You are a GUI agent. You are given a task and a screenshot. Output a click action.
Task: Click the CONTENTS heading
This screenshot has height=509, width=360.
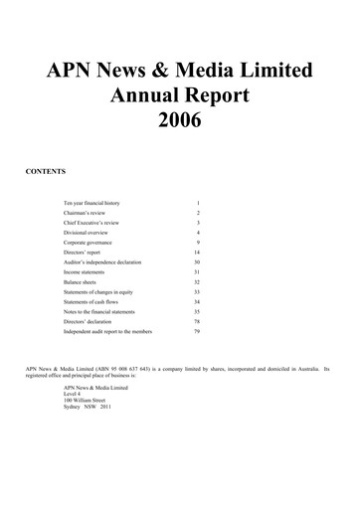tap(45, 172)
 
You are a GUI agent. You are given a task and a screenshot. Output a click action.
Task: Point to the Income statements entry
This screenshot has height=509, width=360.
tap(86, 272)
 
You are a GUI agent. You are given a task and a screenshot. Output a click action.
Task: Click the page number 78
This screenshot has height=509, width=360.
tap(197, 322)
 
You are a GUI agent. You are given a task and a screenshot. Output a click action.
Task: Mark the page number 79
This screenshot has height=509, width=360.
tap(197, 332)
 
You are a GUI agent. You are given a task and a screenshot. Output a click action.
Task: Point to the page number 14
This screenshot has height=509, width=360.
tap(197, 253)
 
